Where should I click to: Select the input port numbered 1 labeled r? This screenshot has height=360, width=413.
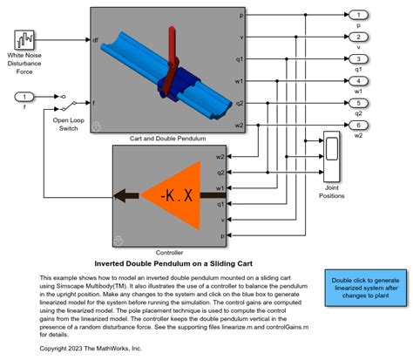coord(27,96)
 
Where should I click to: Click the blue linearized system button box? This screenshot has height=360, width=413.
coord(365,289)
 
